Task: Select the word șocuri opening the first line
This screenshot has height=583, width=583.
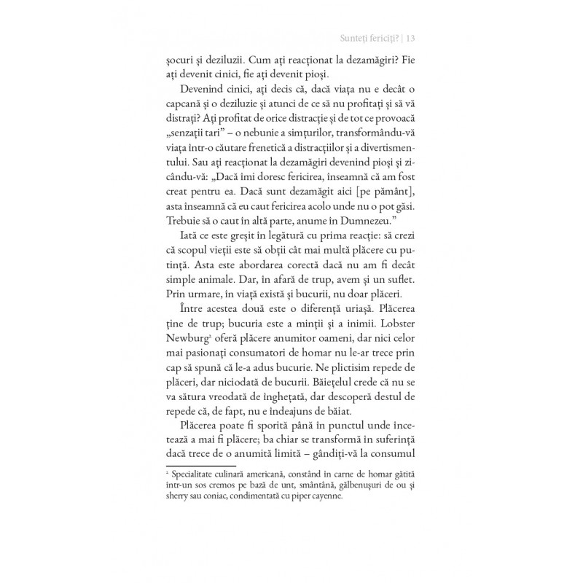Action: point(182,61)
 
